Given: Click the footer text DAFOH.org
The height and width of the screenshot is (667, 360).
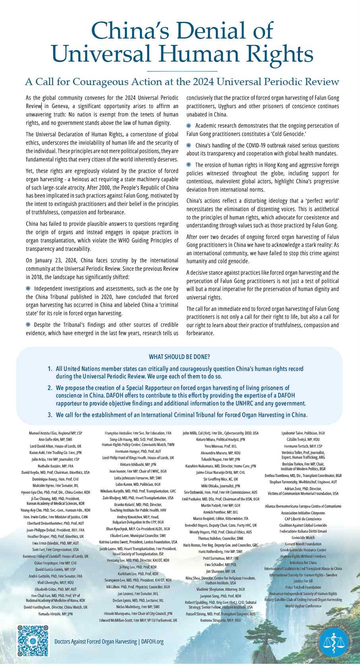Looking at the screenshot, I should pos(152,642).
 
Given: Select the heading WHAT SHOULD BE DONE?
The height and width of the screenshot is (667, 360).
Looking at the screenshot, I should pos(180,357).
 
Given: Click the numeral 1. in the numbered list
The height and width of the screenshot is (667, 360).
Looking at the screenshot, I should pos(50,369).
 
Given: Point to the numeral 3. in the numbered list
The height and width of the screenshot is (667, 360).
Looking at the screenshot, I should pos(50,415).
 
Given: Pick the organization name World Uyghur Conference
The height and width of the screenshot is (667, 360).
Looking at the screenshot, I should pos(303,606).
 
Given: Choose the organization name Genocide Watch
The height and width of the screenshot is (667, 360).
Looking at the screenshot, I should pos(303,537).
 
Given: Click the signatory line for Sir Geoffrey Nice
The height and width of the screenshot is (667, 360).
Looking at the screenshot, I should pos(221,479).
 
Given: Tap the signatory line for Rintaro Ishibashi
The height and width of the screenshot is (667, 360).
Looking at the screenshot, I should pos(138,464).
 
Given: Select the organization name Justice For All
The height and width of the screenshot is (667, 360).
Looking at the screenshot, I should pos(303,581).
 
